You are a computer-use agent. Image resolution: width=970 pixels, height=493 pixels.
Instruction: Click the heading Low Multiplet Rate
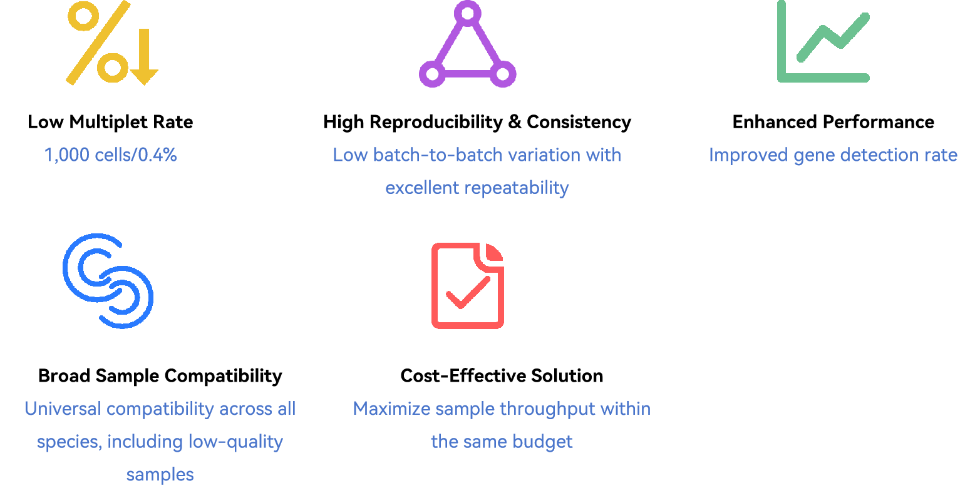pyautogui.click(x=110, y=122)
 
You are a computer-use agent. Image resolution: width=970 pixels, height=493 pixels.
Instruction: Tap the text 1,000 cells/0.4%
pyautogui.click(x=110, y=155)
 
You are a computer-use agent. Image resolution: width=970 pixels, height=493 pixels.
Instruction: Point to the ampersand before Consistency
pyautogui.click(x=515, y=122)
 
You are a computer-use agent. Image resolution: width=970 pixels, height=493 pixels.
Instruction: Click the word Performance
pyautogui.click(x=878, y=122)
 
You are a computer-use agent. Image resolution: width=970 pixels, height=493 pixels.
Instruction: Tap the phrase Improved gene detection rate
pyautogui.click(x=833, y=155)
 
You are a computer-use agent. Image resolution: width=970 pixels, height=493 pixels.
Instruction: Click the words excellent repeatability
pyautogui.click(x=477, y=188)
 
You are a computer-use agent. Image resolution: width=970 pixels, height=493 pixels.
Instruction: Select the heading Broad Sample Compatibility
pyautogui.click(x=160, y=376)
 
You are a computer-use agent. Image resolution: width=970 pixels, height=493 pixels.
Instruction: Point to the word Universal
pyautogui.click(x=63, y=409)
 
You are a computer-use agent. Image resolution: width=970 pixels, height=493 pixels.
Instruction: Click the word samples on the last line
pyautogui.click(x=160, y=475)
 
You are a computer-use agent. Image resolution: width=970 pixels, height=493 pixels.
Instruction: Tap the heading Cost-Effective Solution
pyautogui.click(x=502, y=376)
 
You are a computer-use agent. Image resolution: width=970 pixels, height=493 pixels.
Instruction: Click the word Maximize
pyautogui.click(x=391, y=409)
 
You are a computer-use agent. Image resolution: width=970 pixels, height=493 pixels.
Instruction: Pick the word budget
pyautogui.click(x=542, y=442)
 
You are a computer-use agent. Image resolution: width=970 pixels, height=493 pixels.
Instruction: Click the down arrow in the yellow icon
pyautogui.click(x=144, y=57)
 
